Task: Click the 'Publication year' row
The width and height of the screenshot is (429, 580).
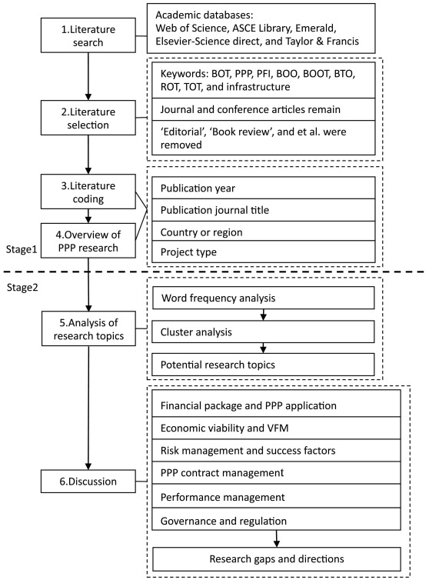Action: tap(264, 187)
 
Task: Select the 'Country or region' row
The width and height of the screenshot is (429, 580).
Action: tap(264, 231)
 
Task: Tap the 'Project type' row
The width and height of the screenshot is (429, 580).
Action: tap(264, 252)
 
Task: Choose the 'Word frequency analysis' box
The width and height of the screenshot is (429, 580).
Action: tap(264, 298)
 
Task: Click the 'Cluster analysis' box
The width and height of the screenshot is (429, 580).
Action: tap(264, 331)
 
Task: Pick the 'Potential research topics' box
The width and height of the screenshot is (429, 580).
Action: tap(264, 364)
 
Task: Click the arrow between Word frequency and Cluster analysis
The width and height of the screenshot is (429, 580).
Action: tap(264, 314)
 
